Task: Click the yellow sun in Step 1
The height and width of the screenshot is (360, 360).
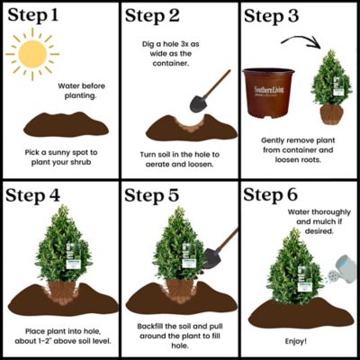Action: point(33,58)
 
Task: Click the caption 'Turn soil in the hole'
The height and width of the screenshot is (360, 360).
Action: point(180,160)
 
